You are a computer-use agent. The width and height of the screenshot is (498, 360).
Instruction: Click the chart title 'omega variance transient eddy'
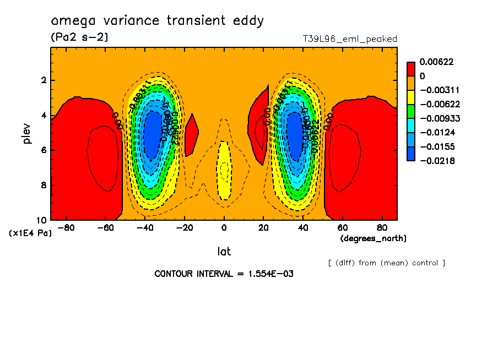158,21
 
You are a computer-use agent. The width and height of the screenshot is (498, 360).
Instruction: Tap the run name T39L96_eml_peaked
350,39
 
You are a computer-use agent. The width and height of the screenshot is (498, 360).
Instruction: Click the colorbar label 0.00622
436,62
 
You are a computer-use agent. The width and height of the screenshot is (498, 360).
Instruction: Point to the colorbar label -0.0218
436,160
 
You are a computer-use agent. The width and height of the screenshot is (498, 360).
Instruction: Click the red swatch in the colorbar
410,69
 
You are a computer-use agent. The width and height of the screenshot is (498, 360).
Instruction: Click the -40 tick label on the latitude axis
144,227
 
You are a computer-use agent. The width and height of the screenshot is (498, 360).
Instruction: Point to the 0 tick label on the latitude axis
224,227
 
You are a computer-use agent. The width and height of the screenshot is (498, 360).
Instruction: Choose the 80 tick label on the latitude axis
381,227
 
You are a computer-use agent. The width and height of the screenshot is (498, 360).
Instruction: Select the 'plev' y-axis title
27,133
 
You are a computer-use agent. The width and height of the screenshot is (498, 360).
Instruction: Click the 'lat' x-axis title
224,252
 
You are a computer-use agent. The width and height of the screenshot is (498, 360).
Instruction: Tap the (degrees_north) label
373,238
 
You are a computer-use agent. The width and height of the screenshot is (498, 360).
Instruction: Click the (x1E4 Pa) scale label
30,233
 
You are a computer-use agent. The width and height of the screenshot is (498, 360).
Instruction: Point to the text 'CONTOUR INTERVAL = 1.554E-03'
224,274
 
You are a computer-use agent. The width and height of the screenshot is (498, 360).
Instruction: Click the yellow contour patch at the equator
224,171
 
